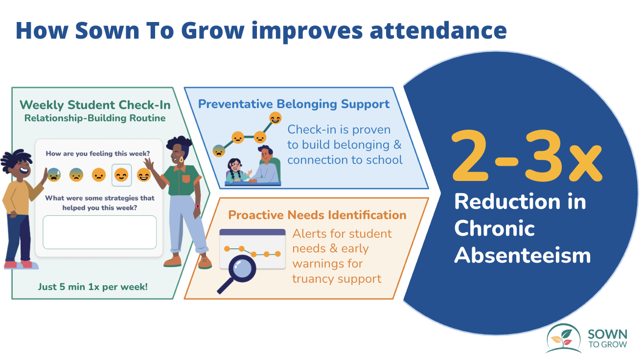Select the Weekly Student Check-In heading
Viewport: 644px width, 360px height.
[x=95, y=105]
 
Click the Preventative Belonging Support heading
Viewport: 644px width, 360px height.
[x=294, y=104]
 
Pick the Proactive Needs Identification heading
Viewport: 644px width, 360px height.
[x=317, y=215]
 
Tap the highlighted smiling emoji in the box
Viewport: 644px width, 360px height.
[x=121, y=175]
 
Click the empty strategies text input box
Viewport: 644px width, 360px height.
[x=100, y=232]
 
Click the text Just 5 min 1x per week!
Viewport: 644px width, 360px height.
[x=93, y=287]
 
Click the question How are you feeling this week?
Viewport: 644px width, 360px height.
[x=98, y=154]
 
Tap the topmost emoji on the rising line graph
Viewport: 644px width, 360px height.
[x=276, y=118]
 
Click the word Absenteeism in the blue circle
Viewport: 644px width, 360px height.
[x=522, y=255]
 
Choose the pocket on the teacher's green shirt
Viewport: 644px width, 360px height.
[x=185, y=178]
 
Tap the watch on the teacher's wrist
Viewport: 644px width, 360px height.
[x=198, y=206]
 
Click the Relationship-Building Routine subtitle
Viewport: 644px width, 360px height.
[x=95, y=118]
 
